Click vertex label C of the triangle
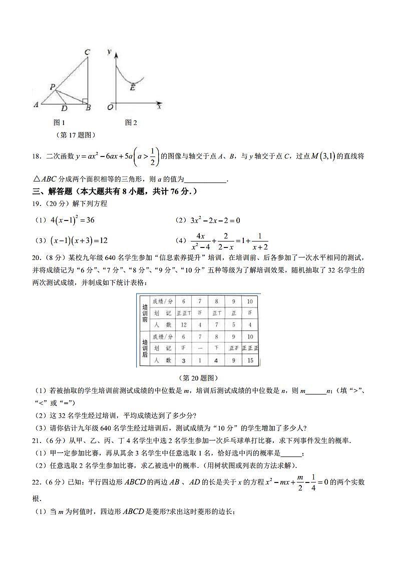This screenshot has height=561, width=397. pyautogui.click(x=87, y=52)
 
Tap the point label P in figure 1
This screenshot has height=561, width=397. pyautogui.click(x=52, y=87)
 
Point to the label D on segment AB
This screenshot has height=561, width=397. pyautogui.click(x=64, y=108)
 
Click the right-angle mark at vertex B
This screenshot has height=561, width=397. pyautogui.click(x=85, y=101)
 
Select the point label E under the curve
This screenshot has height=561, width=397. pyautogui.click(x=133, y=87)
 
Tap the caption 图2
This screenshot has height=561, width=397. pyautogui.click(x=131, y=122)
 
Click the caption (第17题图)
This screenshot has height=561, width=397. pyautogui.click(x=77, y=135)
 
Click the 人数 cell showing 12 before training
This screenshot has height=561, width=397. pyautogui.click(x=184, y=325)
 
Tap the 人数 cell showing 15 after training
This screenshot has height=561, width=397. pyautogui.click(x=250, y=360)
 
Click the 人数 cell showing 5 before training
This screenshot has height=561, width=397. pyautogui.click(x=233, y=325)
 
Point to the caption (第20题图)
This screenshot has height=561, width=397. pyautogui.click(x=198, y=378)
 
